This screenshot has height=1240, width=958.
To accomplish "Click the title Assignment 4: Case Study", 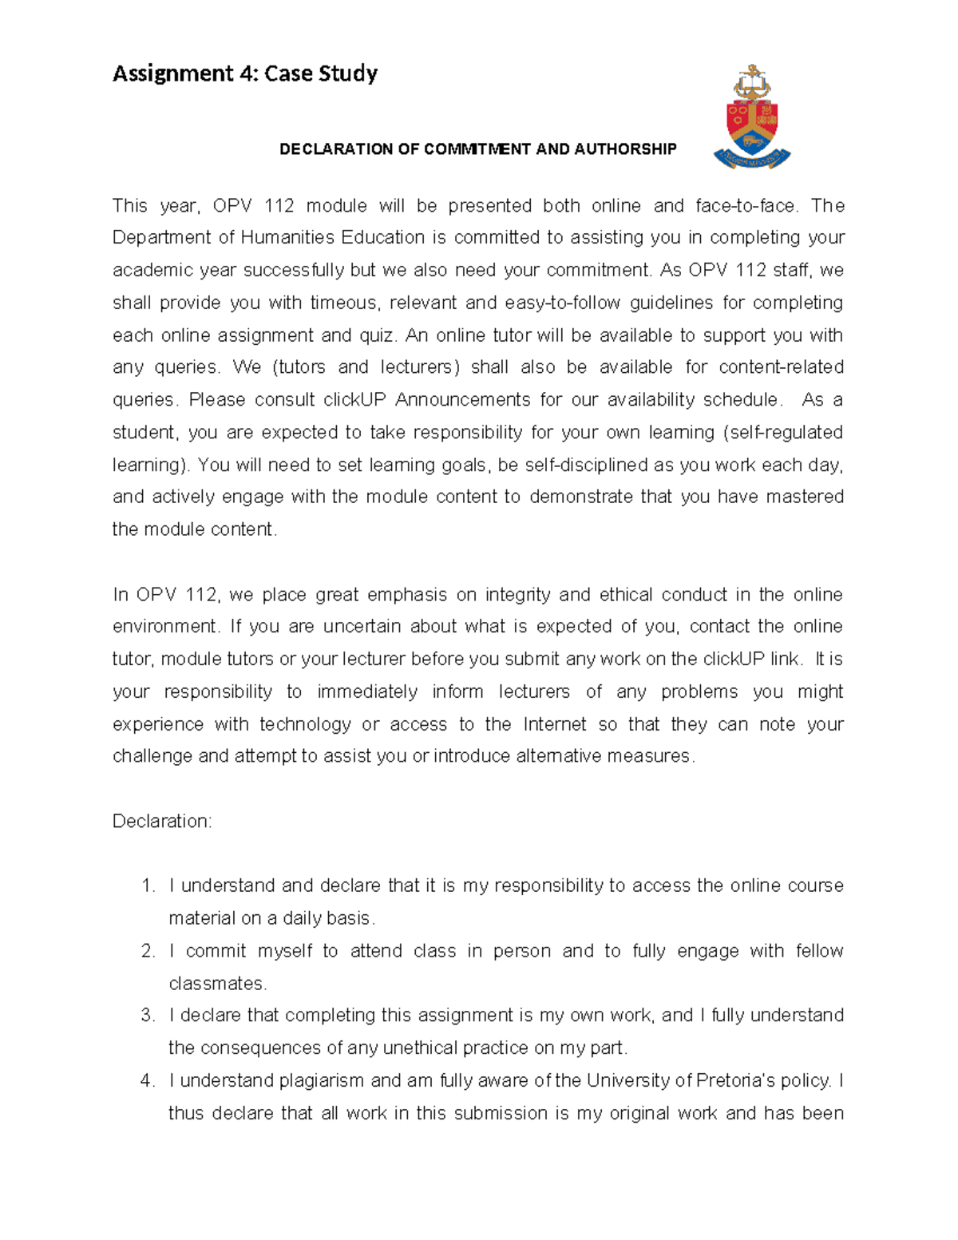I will pos(245,73).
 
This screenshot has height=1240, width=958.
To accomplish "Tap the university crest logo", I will pos(751,117).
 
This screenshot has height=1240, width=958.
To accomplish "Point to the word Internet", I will pos(555,724).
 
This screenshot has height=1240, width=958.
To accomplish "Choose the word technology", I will pos(305,724).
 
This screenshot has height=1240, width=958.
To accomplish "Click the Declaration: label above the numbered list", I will pos(162,822).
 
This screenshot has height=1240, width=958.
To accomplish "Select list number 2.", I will pos(148,951).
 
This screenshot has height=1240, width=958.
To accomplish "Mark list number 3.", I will pos(148,1016).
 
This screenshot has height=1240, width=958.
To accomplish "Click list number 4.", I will pos(148,1081).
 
